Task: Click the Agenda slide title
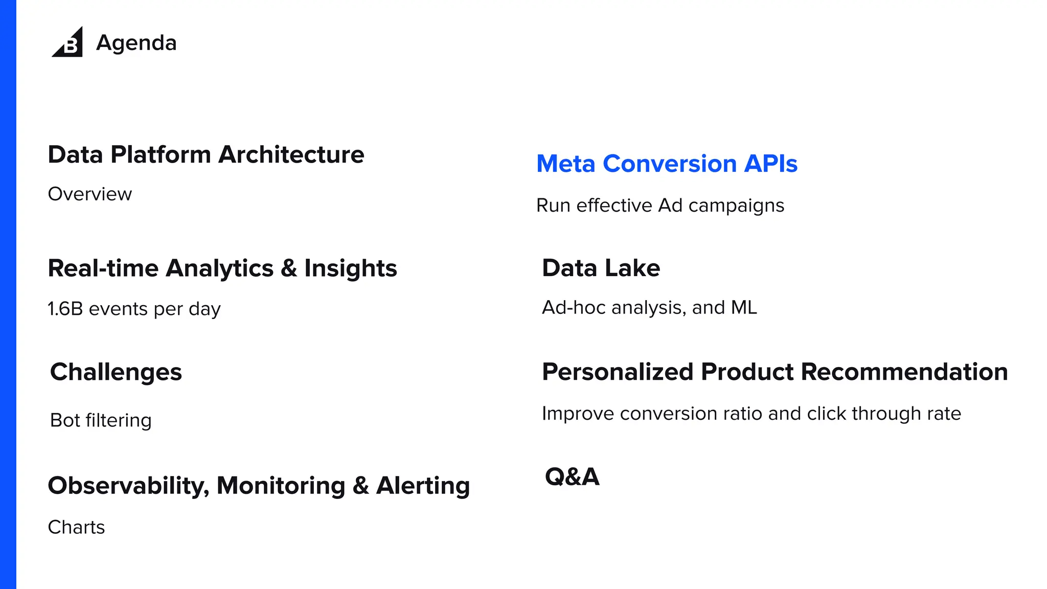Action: pyautogui.click(x=136, y=43)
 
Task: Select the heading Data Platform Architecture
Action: pyautogui.click(x=206, y=154)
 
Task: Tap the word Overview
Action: pyautogui.click(x=90, y=194)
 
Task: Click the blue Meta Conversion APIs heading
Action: pyautogui.click(x=667, y=164)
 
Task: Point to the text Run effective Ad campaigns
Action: pyautogui.click(x=660, y=206)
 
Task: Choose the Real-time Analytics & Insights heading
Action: pyautogui.click(x=222, y=268)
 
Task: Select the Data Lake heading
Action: pyautogui.click(x=601, y=268)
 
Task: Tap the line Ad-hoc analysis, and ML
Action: pyautogui.click(x=649, y=308)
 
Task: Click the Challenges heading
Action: pyautogui.click(x=116, y=372)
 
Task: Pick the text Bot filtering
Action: pyautogui.click(x=101, y=420)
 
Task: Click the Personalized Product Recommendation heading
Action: pyautogui.click(x=775, y=372)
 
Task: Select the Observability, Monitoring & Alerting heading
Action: pyautogui.click(x=259, y=486)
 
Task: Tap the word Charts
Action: pyautogui.click(x=76, y=527)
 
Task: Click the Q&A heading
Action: pyautogui.click(x=572, y=477)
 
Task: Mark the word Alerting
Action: pyautogui.click(x=423, y=486)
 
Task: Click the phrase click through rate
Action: pyautogui.click(x=883, y=414)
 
